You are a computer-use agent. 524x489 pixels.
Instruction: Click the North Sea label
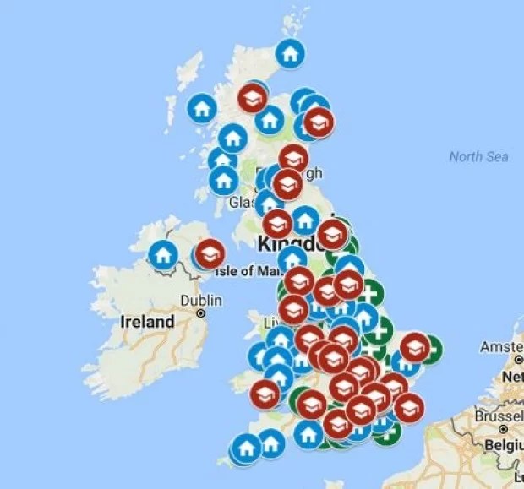478,156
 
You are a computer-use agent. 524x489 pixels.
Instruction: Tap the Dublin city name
201,300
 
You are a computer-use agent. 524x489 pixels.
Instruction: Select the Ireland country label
147,321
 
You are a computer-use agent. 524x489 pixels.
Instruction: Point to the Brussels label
498,416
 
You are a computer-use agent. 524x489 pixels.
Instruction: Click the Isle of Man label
246,270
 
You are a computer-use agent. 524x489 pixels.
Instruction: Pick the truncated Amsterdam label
501,347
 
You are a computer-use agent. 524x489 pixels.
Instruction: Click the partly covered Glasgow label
242,203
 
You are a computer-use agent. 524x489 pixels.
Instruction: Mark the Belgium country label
503,444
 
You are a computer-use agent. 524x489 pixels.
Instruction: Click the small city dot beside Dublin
201,313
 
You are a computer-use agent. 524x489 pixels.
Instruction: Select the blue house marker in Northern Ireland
162,253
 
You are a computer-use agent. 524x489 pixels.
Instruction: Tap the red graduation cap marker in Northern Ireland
210,253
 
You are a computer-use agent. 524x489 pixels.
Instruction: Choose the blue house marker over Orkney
290,54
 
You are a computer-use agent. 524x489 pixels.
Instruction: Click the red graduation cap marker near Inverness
252,98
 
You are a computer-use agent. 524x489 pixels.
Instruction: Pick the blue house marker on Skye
201,108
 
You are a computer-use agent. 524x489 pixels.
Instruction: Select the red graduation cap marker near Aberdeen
319,123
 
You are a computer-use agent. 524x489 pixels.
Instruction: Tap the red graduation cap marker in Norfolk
414,347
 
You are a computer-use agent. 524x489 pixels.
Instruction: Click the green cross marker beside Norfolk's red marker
430,348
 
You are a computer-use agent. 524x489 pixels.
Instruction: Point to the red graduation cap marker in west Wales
265,394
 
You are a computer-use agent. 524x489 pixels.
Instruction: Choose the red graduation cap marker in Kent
409,406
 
